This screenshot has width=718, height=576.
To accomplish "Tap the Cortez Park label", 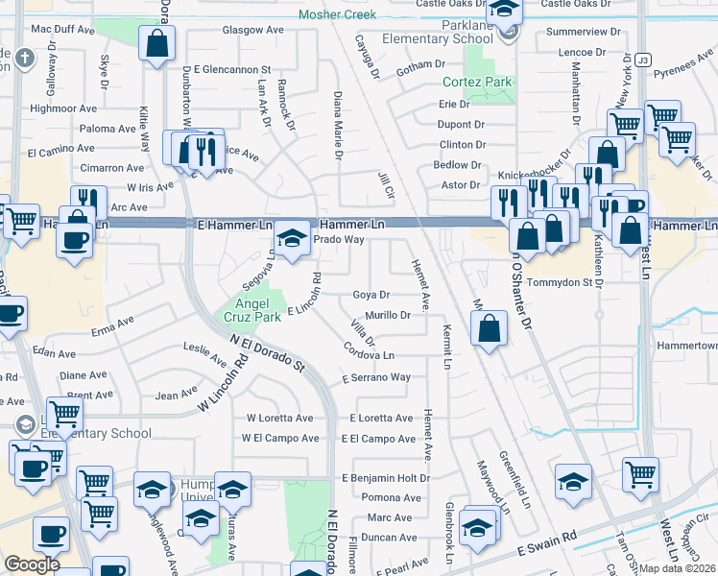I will click(477, 83).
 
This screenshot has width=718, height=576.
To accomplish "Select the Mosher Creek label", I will click(337, 14).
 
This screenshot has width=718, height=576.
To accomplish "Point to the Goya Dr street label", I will click(371, 295).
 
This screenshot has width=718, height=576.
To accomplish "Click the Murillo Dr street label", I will click(388, 315).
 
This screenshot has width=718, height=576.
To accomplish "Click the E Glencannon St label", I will click(233, 70).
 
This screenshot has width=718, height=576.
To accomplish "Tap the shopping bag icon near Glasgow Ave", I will click(156, 44).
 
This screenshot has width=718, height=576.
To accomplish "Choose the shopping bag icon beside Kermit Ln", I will click(490, 328).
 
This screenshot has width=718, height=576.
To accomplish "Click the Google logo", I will click(32, 564).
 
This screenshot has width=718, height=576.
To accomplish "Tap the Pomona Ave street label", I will click(386, 498).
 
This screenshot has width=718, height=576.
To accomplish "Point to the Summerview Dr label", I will click(584, 32).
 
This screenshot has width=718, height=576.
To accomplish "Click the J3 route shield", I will click(642, 59).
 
